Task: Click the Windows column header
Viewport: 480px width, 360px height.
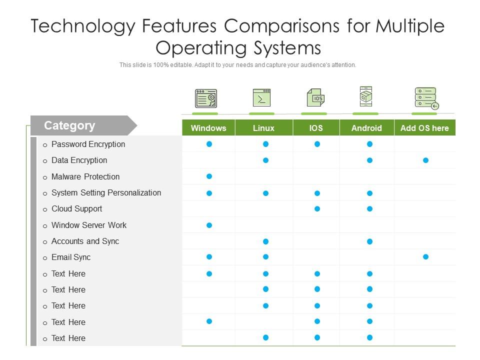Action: pos(208,128)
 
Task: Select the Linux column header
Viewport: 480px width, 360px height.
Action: pos(263,128)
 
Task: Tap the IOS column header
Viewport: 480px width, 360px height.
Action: pos(316,128)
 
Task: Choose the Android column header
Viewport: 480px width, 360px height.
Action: pos(366,128)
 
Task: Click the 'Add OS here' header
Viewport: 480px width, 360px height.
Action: pos(424,128)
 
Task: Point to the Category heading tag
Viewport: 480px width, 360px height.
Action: pos(69,125)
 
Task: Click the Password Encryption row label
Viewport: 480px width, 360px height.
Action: pos(88,144)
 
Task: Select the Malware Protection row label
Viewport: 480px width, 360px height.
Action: pos(85,176)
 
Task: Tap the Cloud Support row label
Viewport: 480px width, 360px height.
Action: pos(76,208)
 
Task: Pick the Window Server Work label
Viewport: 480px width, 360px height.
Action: pos(89,225)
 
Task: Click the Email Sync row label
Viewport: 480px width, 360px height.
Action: pos(71,257)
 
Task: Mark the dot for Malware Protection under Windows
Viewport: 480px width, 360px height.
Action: pos(209,176)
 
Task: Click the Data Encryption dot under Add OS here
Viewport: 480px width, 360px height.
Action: pos(425,160)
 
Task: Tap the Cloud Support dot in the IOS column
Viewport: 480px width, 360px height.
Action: pos(317,209)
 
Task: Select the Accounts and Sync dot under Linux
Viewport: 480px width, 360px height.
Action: pos(266,241)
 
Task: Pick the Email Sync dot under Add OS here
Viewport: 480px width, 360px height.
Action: pos(425,257)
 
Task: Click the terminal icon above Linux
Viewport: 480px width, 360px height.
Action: pos(261,98)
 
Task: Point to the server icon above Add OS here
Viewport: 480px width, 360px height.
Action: pos(426,98)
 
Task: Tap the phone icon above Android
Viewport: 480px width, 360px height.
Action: pos(366,96)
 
